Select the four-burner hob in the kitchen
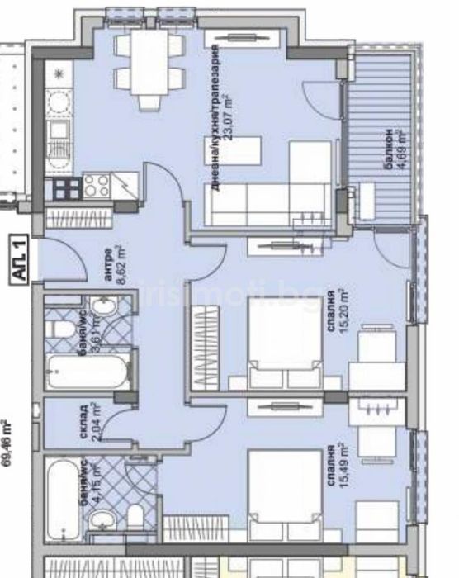click(x=97, y=186)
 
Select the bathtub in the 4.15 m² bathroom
click(x=62, y=495)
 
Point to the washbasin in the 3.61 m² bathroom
click(x=103, y=309)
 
